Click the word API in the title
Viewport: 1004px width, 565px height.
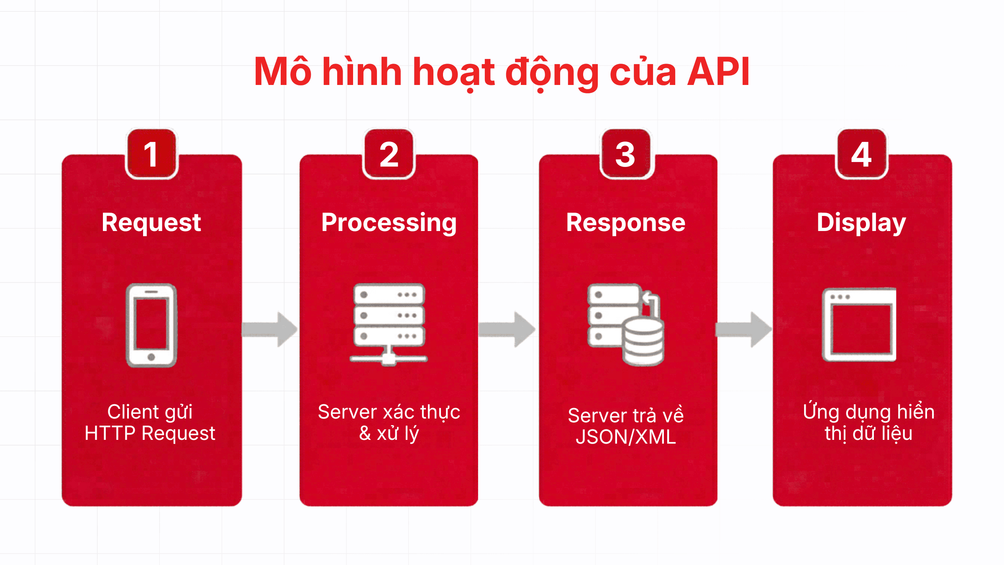click(x=718, y=72)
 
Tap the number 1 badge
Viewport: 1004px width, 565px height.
click(x=151, y=154)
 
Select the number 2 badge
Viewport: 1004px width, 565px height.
click(x=389, y=154)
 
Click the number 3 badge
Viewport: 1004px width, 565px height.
click(x=625, y=154)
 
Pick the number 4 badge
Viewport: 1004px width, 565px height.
click(x=861, y=154)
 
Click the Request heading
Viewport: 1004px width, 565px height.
click(x=151, y=222)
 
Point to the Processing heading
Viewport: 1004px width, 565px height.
click(x=389, y=222)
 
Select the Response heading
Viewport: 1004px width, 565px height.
click(x=625, y=222)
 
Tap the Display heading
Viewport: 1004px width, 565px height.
click(x=861, y=222)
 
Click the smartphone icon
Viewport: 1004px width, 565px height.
click(x=151, y=325)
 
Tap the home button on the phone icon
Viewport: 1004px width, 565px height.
click(x=151, y=357)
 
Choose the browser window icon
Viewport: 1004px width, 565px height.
click(x=859, y=324)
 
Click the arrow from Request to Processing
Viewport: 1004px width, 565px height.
click(x=270, y=329)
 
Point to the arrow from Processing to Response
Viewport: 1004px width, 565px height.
click(x=507, y=329)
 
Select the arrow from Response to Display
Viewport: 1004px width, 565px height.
click(x=744, y=329)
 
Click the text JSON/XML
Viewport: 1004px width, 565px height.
click(x=625, y=437)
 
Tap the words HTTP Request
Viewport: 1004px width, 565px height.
click(x=150, y=433)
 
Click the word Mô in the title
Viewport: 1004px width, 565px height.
click(x=282, y=72)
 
